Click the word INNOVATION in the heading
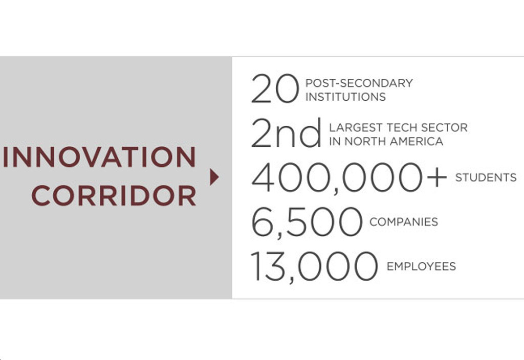coord(99,156)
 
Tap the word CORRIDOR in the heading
coord(114,195)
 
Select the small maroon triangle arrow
coord(214,177)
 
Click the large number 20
coord(274,88)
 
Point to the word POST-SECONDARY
coord(359,83)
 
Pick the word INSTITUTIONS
coord(345,97)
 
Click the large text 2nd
coord(286,133)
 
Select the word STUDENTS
coord(486,177)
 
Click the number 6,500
coord(307,222)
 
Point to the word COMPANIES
coord(404,222)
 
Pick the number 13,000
coord(315,266)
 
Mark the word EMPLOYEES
coord(421,266)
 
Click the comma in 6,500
coord(279,235)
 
